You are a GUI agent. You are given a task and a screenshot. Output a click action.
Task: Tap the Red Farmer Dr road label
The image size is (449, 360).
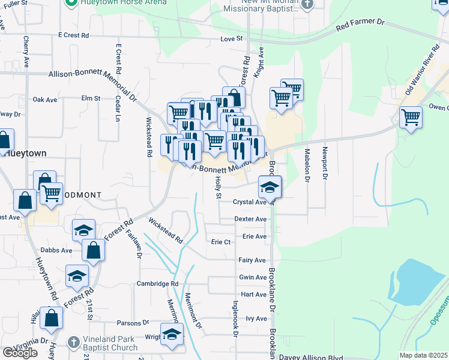pyautogui.click(x=360, y=25)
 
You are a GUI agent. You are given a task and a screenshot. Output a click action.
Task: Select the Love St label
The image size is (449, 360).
pyautogui.click(x=231, y=39)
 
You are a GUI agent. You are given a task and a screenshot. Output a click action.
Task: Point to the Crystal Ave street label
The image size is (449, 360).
pyautogui.click(x=250, y=202)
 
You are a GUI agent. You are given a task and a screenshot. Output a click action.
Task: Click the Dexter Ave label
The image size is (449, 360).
pyautogui.click(x=250, y=219)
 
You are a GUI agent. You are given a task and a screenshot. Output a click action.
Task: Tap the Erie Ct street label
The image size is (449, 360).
pyautogui.click(x=221, y=242)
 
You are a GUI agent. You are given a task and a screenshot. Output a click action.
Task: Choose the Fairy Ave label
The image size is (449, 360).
pyautogui.click(x=252, y=260)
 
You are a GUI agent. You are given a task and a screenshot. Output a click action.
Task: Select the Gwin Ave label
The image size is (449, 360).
pyautogui.click(x=252, y=277)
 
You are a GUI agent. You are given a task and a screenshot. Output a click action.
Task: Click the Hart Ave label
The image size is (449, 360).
pyautogui.click(x=253, y=295)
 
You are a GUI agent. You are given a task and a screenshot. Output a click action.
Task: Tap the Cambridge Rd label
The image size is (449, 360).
pyautogui.click(x=157, y=284)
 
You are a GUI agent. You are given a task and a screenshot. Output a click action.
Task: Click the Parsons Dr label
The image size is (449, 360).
pyautogui.click(x=133, y=322)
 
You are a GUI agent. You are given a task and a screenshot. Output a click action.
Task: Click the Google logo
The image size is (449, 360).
pyautogui.click(x=19, y=353)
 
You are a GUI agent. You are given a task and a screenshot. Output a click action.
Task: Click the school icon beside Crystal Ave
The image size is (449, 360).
pyautogui.click(x=270, y=187)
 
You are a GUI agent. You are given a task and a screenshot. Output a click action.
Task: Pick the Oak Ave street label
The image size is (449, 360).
pyautogui.click(x=44, y=100)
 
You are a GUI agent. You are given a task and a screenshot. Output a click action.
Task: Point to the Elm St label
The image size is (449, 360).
pyautogui.click(x=91, y=98)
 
